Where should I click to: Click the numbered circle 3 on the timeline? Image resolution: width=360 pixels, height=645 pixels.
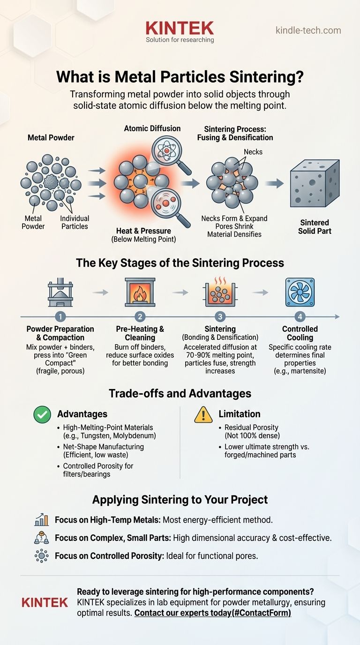pyautogui.click(x=220, y=317)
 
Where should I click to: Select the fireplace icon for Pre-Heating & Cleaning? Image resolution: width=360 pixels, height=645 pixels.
pyautogui.click(x=140, y=292)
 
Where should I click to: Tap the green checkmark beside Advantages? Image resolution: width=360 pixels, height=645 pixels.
pyautogui.click(x=42, y=414)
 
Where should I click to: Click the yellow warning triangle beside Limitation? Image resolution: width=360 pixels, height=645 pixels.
pyautogui.click(x=203, y=414)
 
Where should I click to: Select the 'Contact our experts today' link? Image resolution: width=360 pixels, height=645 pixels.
pyautogui.click(x=212, y=613)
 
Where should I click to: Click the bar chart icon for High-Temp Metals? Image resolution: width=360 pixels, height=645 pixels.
pyautogui.click(x=42, y=520)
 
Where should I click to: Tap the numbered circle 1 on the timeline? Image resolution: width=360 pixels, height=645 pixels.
pyautogui.click(x=62, y=317)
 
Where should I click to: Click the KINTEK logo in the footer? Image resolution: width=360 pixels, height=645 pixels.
pyautogui.click(x=45, y=602)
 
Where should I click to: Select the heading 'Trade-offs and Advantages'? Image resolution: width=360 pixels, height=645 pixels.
pyautogui.click(x=180, y=393)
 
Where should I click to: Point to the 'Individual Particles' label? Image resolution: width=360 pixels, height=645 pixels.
pyautogui.click(x=75, y=222)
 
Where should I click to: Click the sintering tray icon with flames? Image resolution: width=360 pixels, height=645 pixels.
pyautogui.click(x=220, y=292)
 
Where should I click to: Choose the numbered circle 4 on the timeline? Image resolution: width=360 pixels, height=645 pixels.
pyautogui.click(x=300, y=317)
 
